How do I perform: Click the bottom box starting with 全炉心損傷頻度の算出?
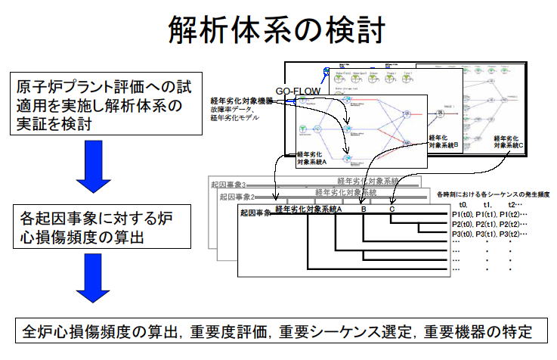tap(278, 331)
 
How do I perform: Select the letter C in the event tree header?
tap(392, 209)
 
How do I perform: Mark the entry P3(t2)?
tap(515, 236)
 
